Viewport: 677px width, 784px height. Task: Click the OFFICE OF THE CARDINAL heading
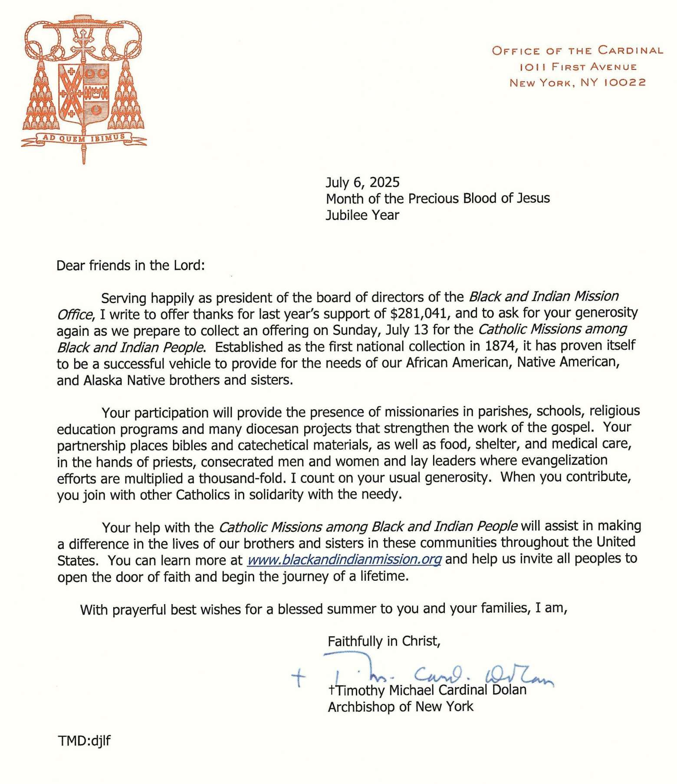(577, 50)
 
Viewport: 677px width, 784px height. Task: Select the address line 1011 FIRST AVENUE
(578, 67)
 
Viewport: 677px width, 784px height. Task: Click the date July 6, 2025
(362, 182)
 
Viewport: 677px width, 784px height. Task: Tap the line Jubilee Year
(362, 215)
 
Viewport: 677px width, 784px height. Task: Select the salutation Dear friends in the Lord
(130, 265)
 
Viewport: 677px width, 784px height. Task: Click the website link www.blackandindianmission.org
(344, 559)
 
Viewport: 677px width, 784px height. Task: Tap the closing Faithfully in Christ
(384, 641)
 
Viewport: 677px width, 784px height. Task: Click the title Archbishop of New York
(401, 707)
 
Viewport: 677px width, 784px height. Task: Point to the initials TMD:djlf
(84, 740)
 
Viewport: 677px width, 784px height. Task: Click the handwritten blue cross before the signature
(298, 677)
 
